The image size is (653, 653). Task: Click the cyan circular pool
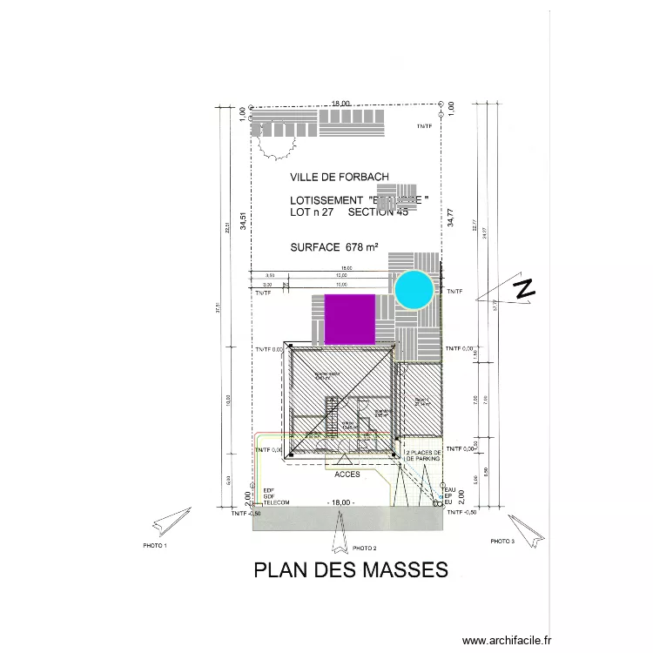coord(414,289)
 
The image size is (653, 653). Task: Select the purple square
coord(350,319)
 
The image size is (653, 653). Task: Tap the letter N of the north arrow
coord(524,289)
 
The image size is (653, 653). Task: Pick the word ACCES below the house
coord(347,475)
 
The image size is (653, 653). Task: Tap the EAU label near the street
coord(450,489)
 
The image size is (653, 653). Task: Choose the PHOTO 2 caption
coord(364,549)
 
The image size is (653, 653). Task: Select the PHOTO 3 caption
coord(502,541)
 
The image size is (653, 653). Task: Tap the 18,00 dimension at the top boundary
coord(340,104)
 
